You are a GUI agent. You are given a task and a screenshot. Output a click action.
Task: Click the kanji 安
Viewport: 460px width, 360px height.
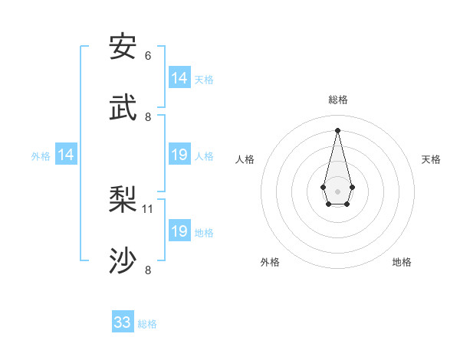(123, 47)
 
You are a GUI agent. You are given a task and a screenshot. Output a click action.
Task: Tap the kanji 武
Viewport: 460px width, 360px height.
(123, 106)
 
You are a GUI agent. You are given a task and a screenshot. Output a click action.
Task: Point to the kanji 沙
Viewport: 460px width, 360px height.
(123, 260)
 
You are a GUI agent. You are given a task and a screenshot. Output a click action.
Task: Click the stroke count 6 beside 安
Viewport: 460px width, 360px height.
(148, 56)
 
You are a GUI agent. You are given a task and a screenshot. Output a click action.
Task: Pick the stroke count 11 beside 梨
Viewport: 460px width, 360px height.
(148, 208)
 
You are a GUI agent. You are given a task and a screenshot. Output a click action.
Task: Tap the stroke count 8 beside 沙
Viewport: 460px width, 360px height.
(148, 269)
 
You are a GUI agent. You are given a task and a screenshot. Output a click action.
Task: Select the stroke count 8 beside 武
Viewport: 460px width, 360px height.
(148, 116)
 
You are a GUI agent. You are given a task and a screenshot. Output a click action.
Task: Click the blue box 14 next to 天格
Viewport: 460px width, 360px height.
(179, 78)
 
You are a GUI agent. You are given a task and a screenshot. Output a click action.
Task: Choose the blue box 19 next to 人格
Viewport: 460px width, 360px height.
(179, 155)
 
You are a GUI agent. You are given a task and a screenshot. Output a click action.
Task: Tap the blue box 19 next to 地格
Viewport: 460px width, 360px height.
(179, 231)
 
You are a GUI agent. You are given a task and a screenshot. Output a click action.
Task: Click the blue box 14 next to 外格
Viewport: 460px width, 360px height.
(66, 155)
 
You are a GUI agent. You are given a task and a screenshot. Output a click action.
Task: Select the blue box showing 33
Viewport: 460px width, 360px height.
(123, 322)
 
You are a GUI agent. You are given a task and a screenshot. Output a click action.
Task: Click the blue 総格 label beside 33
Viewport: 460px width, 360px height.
(147, 324)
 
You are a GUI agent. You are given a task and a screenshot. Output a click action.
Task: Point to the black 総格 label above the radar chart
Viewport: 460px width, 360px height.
(337, 100)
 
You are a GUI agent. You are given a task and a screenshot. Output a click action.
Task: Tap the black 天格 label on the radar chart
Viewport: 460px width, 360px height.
(431, 159)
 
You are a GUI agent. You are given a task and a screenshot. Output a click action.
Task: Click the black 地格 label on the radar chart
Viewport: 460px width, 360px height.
(402, 262)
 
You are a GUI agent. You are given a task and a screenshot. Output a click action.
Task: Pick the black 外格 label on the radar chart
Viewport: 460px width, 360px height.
(270, 262)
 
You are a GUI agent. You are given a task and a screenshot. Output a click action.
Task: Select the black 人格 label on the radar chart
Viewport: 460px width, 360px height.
(245, 159)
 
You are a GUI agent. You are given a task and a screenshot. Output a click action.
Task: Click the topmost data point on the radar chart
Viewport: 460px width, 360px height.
(337, 130)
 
